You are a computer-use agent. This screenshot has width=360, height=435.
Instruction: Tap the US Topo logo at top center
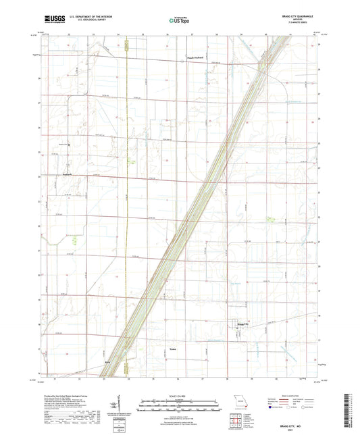(x=179, y=20)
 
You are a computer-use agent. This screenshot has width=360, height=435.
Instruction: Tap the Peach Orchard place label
(x=195, y=58)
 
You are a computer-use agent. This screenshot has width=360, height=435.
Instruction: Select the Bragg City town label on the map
(x=242, y=325)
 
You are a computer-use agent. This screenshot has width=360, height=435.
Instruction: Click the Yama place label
(x=172, y=350)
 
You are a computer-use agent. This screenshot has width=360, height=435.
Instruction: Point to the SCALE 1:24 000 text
(x=179, y=395)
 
